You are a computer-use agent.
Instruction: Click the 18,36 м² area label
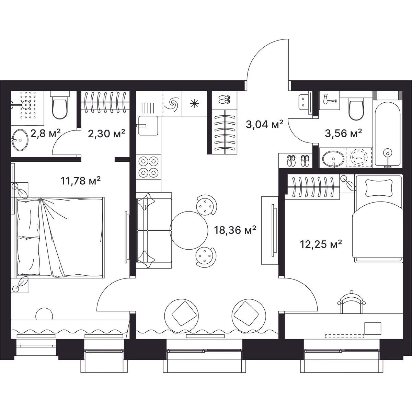pyautogui.click(x=235, y=230)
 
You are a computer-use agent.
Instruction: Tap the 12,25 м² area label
pyautogui.click(x=321, y=244)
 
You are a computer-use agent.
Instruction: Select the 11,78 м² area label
pyautogui.click(x=80, y=181)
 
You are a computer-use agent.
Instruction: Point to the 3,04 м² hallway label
pyautogui.click(x=264, y=124)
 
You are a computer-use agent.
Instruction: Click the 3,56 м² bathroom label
pyautogui.click(x=343, y=134)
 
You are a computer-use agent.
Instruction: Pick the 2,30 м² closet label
pyautogui.click(x=106, y=134)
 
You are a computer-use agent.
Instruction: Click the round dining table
pyautogui.click(x=189, y=230)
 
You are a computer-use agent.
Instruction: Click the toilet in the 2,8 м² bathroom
pyautogui.click(x=60, y=106)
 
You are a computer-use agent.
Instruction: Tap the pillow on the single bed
pyautogui.click(x=379, y=188)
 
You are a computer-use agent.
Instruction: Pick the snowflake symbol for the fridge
pyautogui.click(x=194, y=103)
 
